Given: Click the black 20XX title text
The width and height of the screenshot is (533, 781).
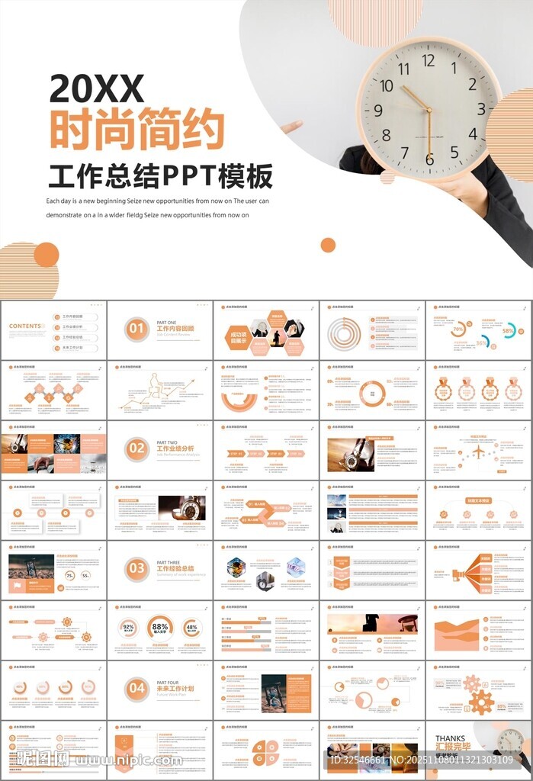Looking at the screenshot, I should coord(97,89).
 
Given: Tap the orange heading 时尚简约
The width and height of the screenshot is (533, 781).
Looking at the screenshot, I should coord(136,130).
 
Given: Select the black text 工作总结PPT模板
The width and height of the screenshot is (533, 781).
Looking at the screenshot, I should coord(160,176).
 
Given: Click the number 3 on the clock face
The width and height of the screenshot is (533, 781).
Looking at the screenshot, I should coord(481,108).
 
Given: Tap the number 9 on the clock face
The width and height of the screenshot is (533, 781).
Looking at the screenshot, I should coord(378,111).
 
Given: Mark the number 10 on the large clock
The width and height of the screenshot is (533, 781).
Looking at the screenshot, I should coord(387,85).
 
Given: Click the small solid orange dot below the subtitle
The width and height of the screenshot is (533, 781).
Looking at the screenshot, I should coord(328,245).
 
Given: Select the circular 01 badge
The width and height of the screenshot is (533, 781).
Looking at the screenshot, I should coord(136,329).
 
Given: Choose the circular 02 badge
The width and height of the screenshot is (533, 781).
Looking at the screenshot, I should coord(136,448).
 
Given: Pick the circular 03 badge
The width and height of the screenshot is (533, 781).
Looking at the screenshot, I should coord(136,568).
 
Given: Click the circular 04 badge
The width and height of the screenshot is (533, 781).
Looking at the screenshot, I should coord(136,688).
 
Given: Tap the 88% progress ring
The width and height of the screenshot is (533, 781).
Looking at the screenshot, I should coord(160,628).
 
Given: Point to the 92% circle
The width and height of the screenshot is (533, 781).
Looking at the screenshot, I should coord(128,628).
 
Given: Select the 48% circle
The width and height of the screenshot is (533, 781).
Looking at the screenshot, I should coord(191,628).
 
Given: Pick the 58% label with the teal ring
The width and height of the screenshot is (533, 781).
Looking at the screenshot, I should coord(509,331).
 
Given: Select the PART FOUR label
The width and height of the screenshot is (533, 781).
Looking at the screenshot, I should coord(168,683).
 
